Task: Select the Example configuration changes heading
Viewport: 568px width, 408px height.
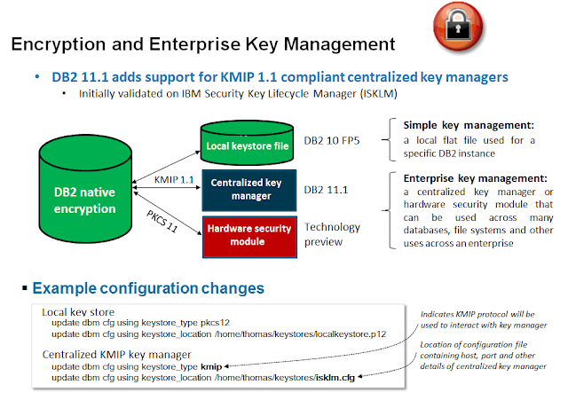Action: (x=147, y=288)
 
